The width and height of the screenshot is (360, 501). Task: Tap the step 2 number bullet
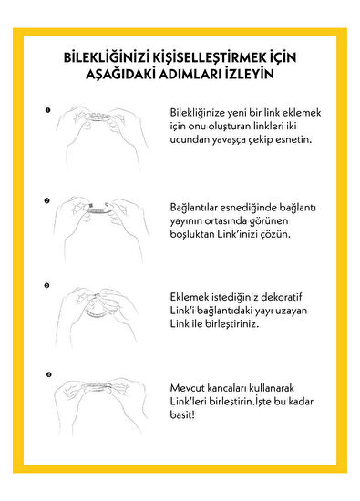[x=46, y=198]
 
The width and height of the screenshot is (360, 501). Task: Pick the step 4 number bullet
[x=46, y=373]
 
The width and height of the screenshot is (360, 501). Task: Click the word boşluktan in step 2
[x=195, y=234]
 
